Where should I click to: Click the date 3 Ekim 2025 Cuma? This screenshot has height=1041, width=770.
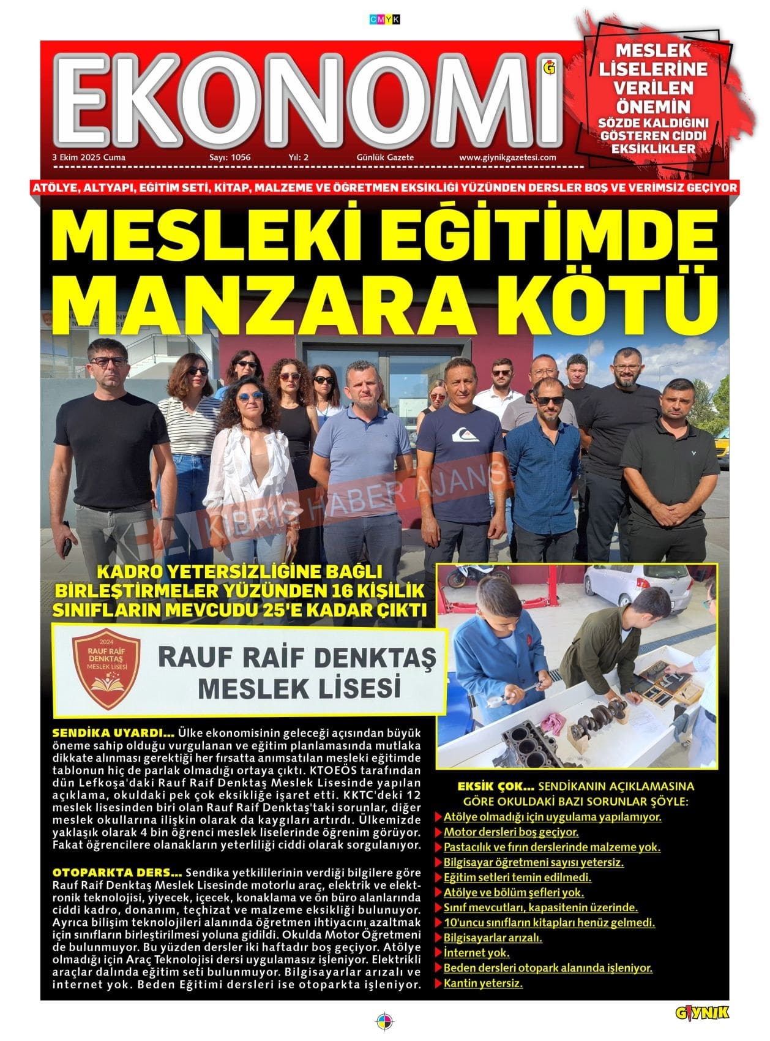tap(89, 157)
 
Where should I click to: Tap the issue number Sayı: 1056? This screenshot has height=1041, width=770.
tap(230, 157)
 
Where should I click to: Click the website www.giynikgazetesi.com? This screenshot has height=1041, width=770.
tap(507, 157)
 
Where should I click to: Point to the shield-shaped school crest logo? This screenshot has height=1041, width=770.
tap(106, 671)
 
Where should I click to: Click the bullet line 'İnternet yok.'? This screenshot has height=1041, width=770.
tap(476, 953)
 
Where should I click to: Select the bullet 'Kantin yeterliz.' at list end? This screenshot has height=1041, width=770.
tap(483, 983)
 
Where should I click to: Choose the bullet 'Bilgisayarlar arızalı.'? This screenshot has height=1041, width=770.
tap(493, 938)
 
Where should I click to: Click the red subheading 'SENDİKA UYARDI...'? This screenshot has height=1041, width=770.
tap(114, 733)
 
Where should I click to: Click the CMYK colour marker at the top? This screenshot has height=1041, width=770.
tap(384, 20)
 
